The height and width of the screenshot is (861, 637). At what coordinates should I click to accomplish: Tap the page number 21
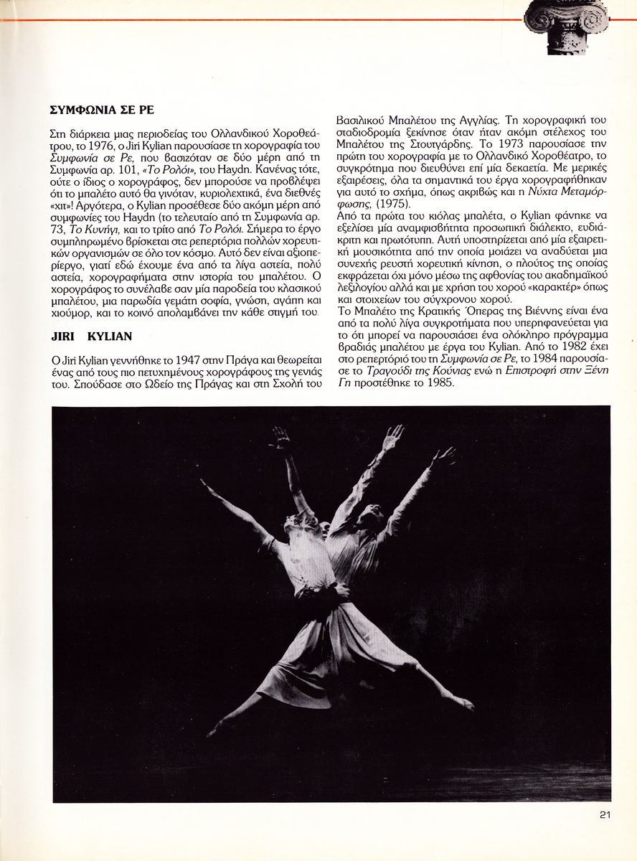(605, 814)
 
